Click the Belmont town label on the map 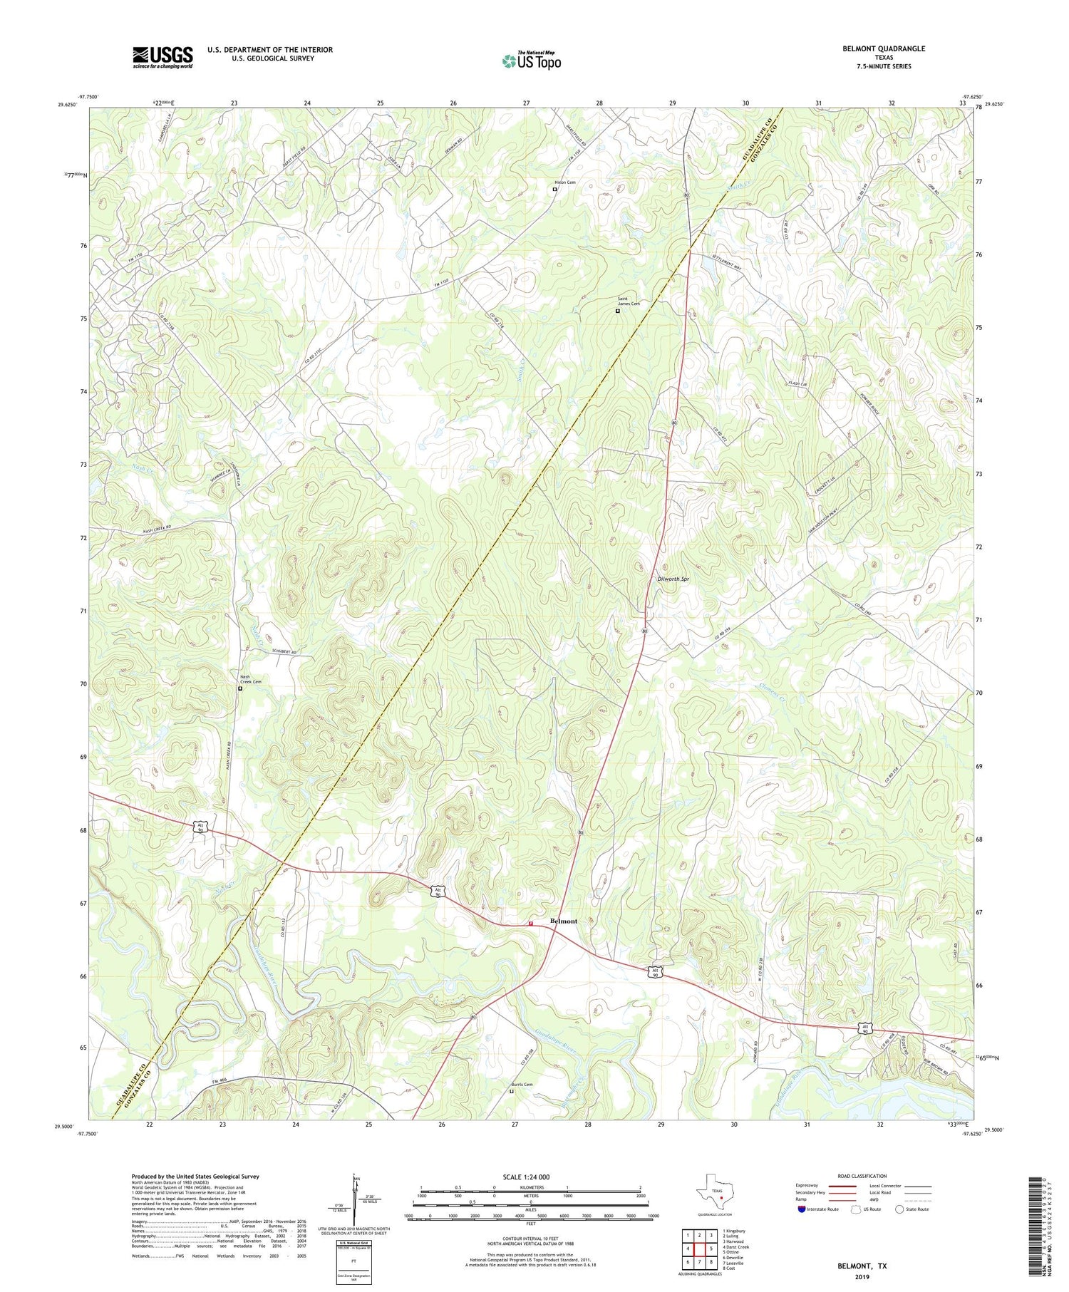[x=563, y=921]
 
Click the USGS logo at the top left [x=162, y=57]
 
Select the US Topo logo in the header [x=532, y=61]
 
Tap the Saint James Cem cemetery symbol [x=617, y=311]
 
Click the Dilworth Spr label [x=673, y=579]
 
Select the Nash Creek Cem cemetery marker [x=240, y=688]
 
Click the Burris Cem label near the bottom [x=522, y=1084]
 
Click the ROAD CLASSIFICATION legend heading [x=862, y=1176]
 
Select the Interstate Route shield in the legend [x=802, y=1209]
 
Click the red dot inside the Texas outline [x=721, y=1198]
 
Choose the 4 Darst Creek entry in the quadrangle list [x=736, y=1246]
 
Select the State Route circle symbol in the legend [x=900, y=1209]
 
